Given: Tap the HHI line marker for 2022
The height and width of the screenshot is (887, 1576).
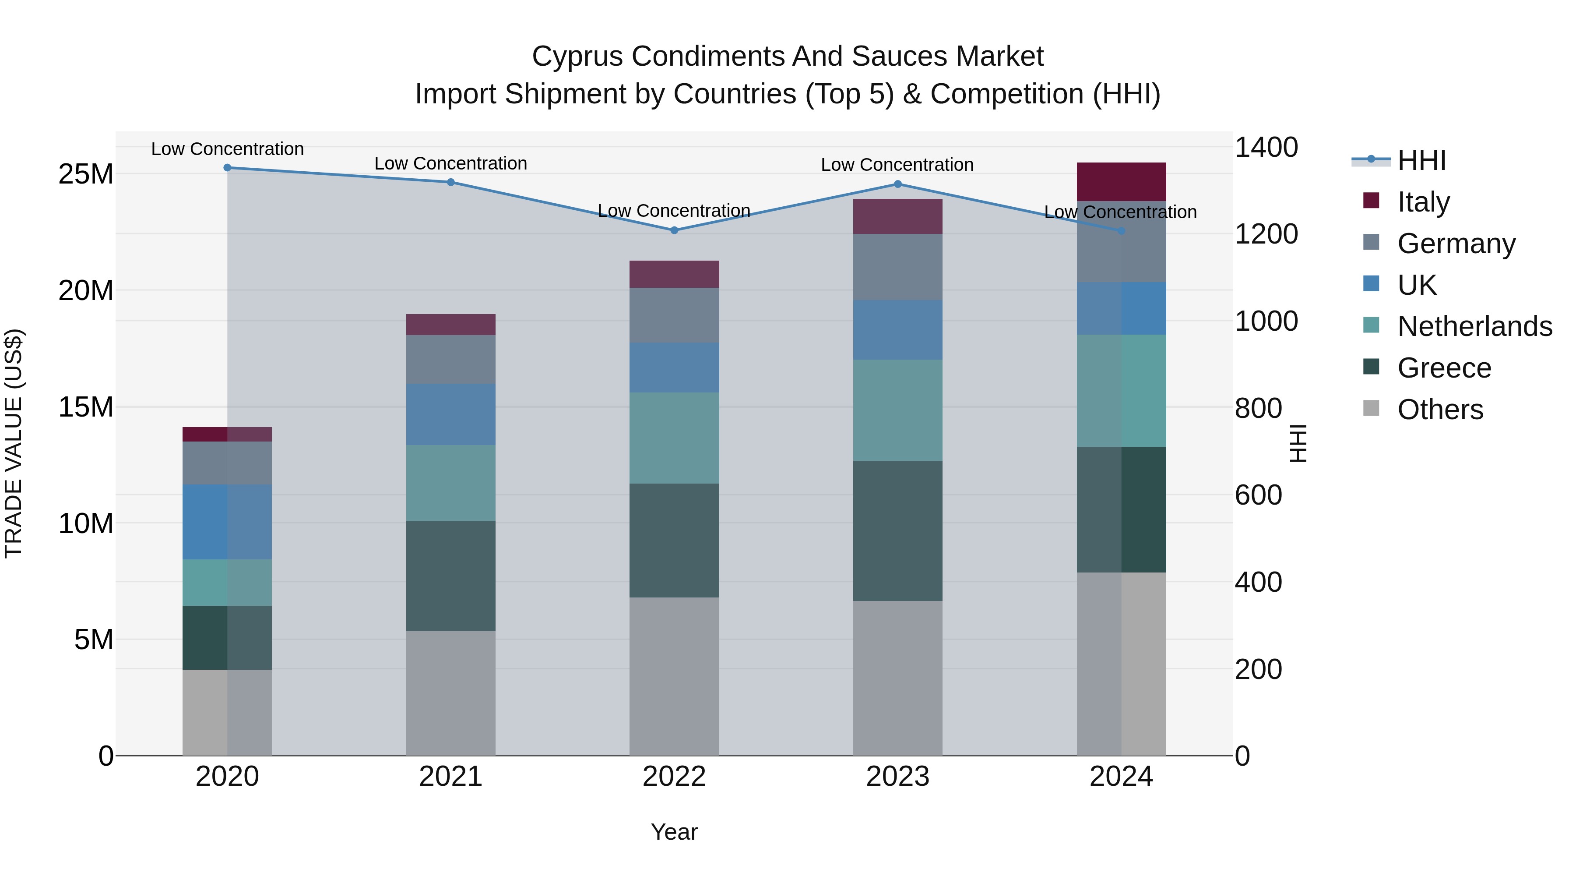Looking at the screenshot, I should (674, 230).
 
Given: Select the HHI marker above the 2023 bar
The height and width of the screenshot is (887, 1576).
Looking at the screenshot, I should (897, 184).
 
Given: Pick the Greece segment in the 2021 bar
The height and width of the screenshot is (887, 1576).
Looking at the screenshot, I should (450, 576).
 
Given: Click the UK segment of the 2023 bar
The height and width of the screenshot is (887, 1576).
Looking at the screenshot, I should (897, 329).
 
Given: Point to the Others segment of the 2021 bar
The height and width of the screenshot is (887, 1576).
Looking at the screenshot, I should (450, 693).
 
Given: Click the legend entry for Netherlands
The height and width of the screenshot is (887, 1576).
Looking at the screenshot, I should (1474, 326).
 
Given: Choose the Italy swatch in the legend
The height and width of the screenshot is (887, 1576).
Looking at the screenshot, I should (1371, 201).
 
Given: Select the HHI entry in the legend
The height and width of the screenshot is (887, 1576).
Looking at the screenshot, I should (1421, 160).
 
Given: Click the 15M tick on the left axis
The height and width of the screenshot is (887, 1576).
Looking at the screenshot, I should (86, 407).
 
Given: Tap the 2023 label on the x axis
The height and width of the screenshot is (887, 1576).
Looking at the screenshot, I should (897, 777).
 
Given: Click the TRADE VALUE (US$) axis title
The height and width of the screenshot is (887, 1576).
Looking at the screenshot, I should (14, 443).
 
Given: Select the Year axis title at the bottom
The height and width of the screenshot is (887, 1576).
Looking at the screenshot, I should (674, 832).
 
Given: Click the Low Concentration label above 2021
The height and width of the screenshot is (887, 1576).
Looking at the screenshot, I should (450, 163).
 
